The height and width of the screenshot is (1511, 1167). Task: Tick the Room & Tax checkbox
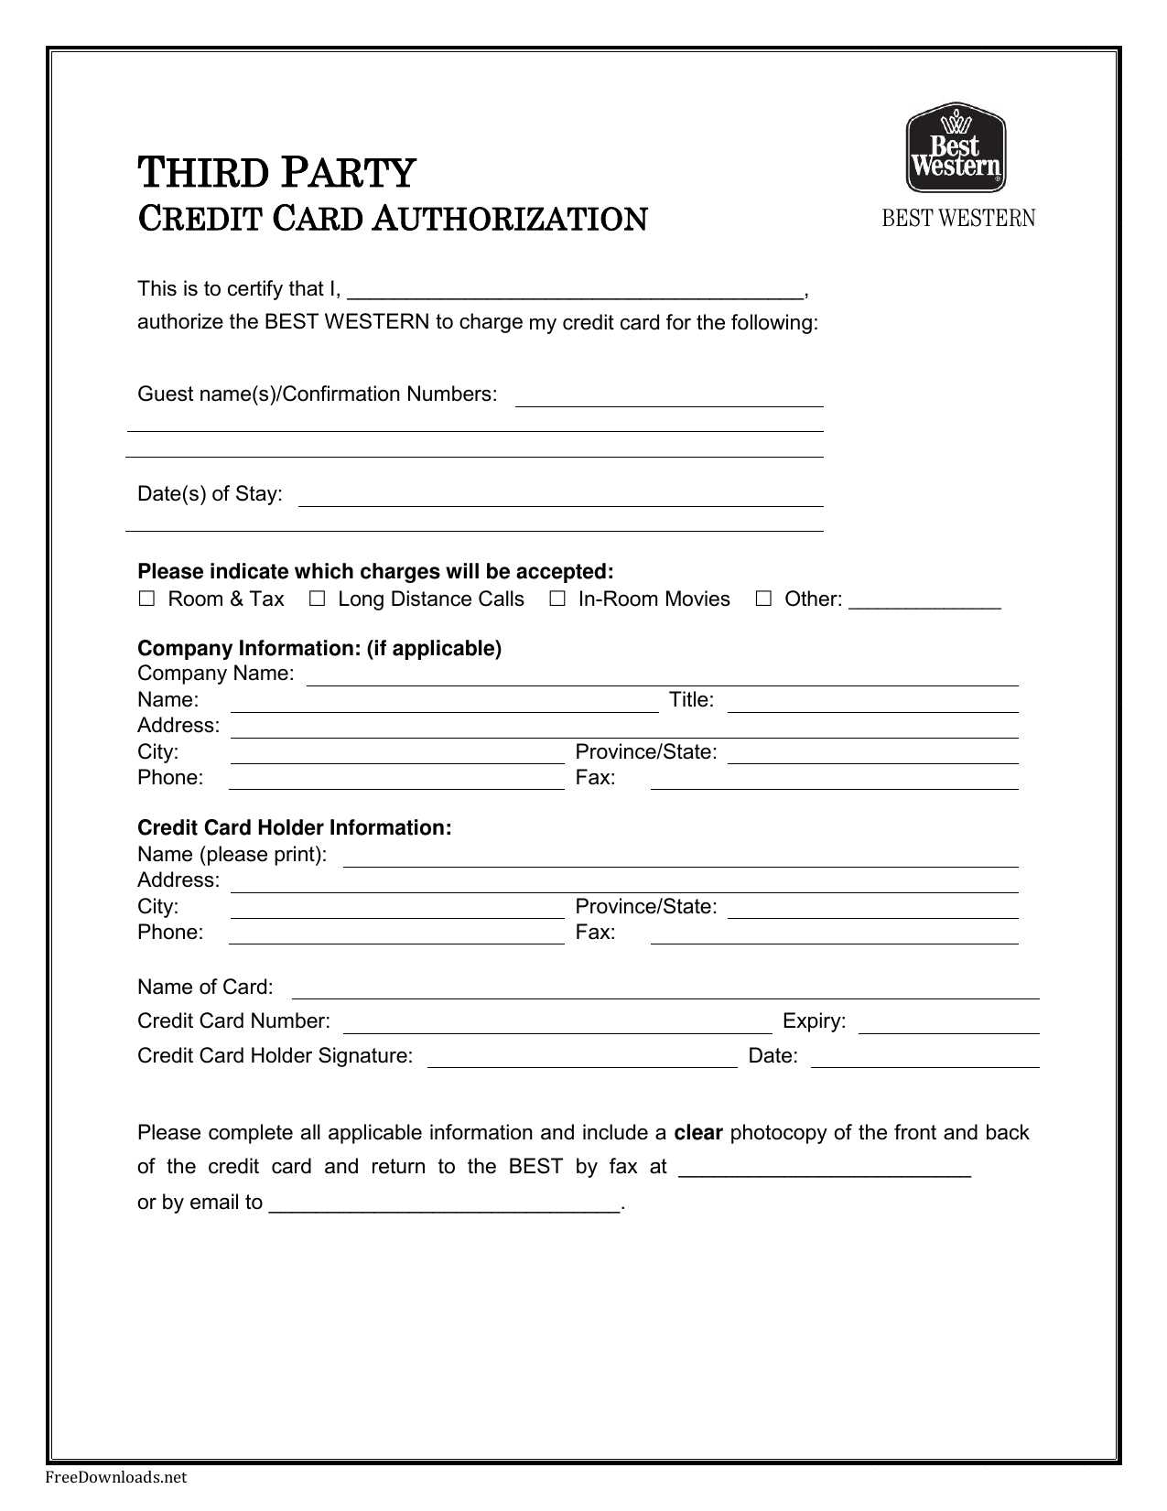[x=146, y=599]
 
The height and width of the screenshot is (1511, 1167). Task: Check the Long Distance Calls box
[x=317, y=599]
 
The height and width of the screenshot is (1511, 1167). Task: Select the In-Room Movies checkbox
[x=556, y=599]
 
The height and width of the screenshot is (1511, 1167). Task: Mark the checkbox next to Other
[x=763, y=599]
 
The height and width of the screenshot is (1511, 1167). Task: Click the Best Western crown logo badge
[x=956, y=147]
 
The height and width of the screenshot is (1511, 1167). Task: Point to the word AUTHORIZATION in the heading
[x=510, y=220]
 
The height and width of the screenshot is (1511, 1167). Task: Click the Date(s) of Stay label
[x=210, y=494]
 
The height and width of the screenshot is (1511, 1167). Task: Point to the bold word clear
[x=698, y=1133]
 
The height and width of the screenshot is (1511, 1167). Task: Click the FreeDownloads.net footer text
[x=116, y=1477]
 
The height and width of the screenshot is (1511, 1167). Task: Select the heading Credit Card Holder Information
[x=294, y=828]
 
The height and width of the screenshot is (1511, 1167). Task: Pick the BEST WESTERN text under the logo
[x=958, y=219]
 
